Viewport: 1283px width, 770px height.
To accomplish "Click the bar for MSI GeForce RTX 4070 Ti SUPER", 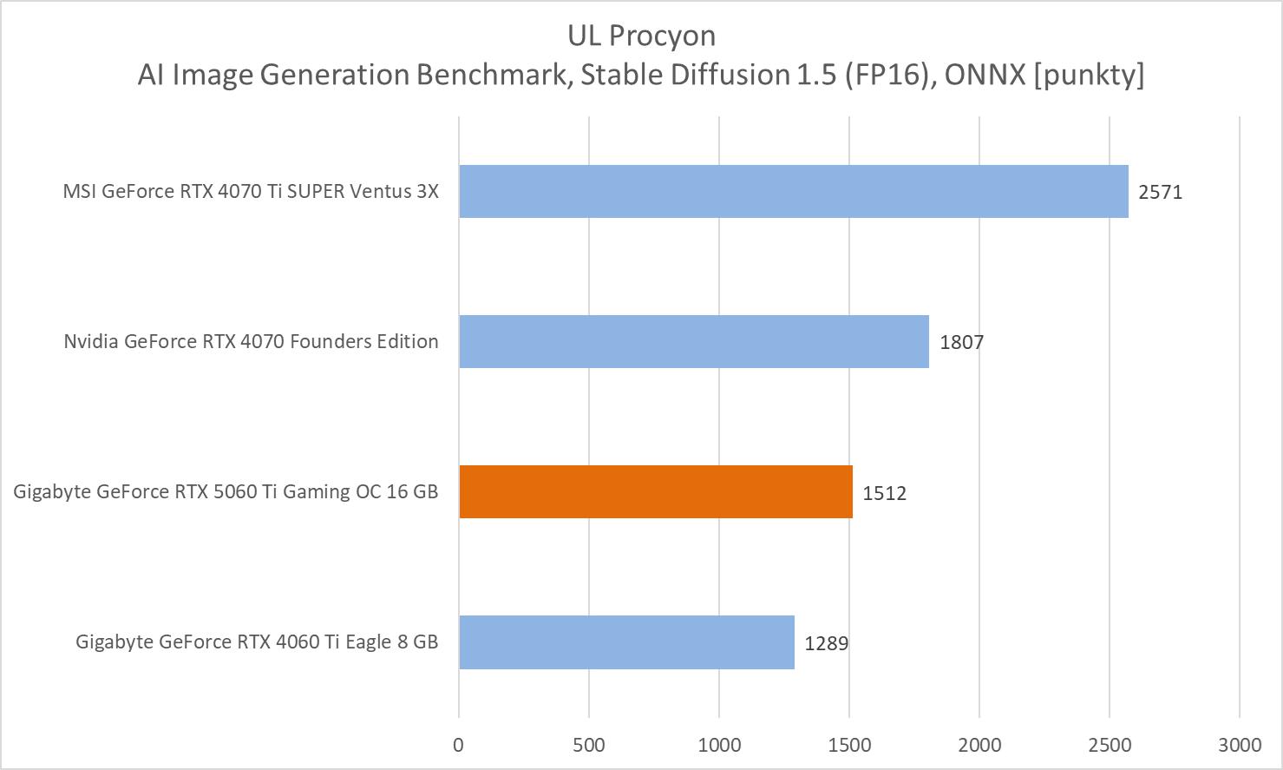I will click(793, 191).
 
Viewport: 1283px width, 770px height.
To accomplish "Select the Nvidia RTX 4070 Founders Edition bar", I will click(694, 341).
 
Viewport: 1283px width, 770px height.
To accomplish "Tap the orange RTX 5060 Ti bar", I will click(656, 491).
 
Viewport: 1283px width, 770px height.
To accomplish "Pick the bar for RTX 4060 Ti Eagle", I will click(626, 642).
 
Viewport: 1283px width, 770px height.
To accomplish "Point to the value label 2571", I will click(1160, 192).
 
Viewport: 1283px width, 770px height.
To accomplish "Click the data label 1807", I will click(961, 342).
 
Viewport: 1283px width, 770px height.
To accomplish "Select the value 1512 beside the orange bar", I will click(884, 493).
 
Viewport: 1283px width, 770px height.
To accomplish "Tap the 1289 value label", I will click(826, 643).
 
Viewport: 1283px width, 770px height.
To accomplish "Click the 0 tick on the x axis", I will click(458, 744).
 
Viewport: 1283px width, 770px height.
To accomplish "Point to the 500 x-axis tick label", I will click(589, 744).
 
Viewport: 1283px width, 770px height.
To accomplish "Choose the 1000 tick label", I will click(719, 744).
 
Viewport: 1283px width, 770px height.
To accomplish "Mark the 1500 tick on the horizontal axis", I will click(849, 744).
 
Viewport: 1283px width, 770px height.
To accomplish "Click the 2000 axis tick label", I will click(979, 744).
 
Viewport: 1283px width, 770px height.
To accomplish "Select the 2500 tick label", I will click(1110, 744).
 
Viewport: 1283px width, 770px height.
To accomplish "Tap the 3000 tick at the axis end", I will click(1240, 744).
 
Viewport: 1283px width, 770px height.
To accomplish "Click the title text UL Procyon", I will click(641, 36).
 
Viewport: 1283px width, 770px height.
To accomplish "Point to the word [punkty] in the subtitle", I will click(1089, 75).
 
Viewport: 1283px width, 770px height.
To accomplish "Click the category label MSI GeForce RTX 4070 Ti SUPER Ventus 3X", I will click(251, 191).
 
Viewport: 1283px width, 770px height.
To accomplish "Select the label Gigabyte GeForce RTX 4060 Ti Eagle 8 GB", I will click(257, 642).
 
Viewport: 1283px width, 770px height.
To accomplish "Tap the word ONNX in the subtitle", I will click(984, 75).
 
